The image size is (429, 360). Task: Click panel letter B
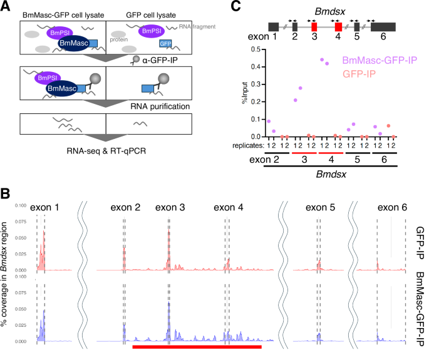click(7, 193)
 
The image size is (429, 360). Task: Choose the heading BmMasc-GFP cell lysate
click(62, 14)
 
